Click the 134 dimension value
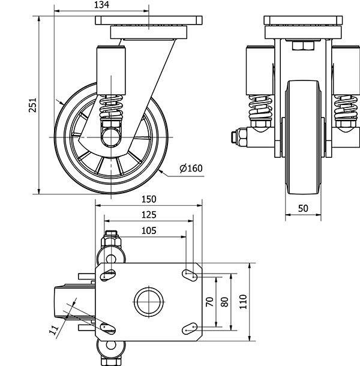point(101,6)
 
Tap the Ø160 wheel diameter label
point(191,167)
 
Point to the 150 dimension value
point(149,199)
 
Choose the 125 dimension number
point(149,214)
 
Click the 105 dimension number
point(149,230)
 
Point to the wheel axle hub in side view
point(112,136)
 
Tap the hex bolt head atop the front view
point(300,47)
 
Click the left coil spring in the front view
point(259,108)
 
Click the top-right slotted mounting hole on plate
point(190,274)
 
